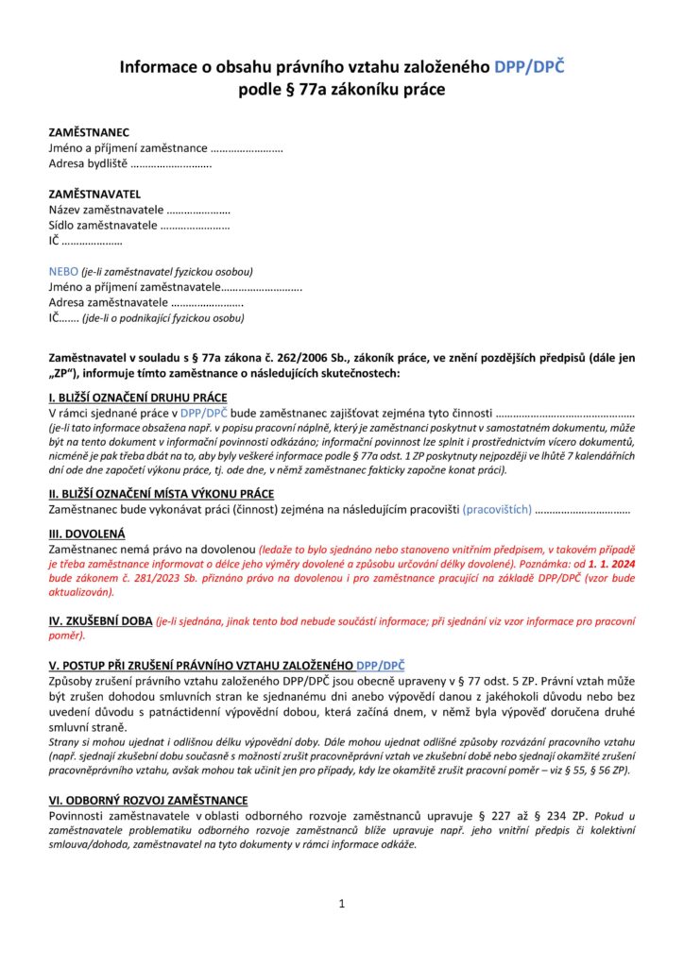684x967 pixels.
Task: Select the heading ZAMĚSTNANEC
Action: point(89,133)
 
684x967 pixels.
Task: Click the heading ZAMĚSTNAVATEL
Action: point(94,194)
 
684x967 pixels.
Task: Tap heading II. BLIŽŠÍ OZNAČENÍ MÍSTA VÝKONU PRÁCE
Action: point(162,493)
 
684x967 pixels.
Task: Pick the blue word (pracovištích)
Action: point(497,509)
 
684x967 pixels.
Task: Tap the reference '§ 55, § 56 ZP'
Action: point(600,771)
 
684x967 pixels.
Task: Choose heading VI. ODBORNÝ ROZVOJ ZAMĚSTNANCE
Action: point(148,800)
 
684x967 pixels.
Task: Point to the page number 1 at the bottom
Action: point(342,904)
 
